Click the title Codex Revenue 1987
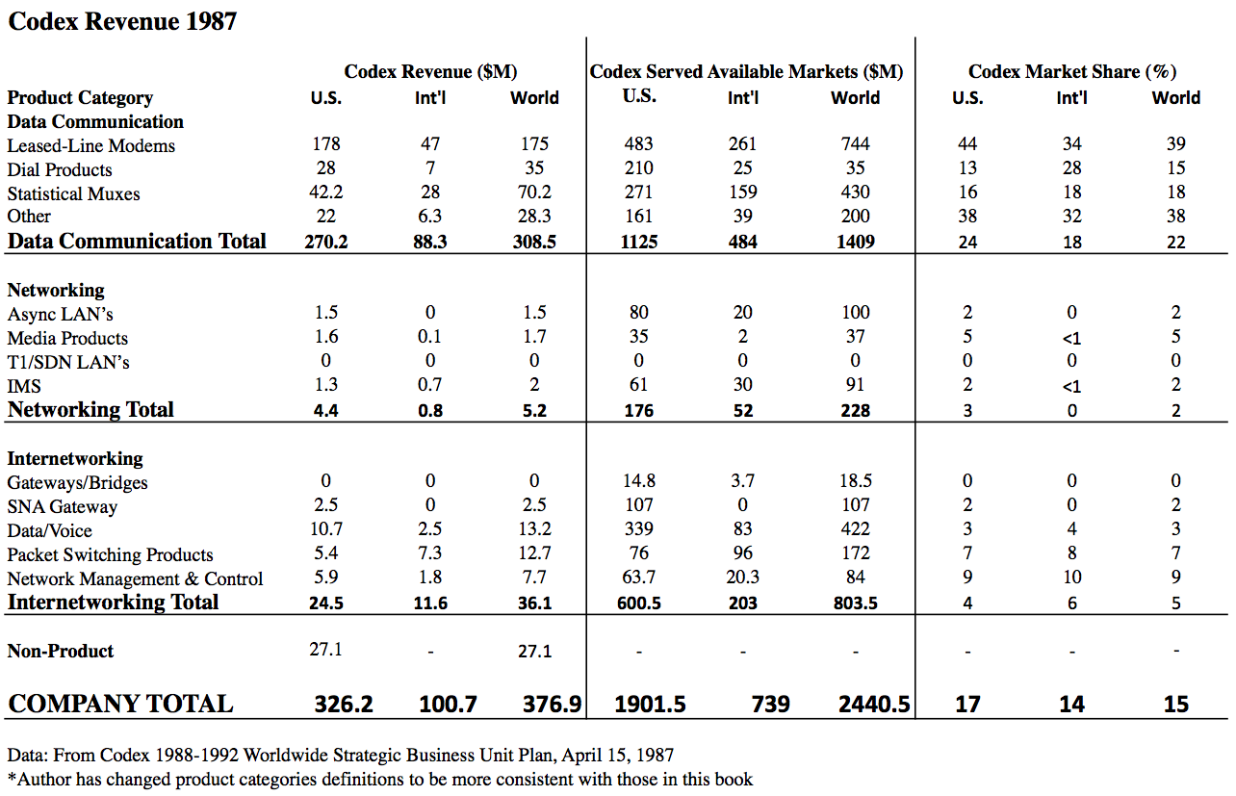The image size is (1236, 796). coord(122,20)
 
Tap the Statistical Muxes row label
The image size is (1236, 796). coord(73,193)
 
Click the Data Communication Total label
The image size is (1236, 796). coord(137,241)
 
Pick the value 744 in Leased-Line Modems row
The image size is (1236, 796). coord(855,144)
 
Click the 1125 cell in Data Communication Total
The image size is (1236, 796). coord(638,242)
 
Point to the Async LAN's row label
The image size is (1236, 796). coord(61,314)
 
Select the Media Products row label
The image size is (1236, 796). coord(67,338)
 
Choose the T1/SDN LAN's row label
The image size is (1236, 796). coord(68,362)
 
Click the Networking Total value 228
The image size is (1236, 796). coord(855,410)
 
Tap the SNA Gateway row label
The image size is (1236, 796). coord(62,506)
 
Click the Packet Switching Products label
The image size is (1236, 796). coord(110,554)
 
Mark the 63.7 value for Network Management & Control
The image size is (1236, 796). coord(638,578)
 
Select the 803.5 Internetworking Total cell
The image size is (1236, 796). coord(855,603)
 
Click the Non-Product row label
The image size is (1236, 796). coord(61,651)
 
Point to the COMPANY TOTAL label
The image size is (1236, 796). coord(120,704)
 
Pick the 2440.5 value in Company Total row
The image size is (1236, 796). coord(874,705)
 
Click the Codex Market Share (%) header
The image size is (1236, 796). coord(1071,71)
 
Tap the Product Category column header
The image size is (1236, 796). coord(80,97)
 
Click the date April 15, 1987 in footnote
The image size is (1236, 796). coord(616,755)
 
